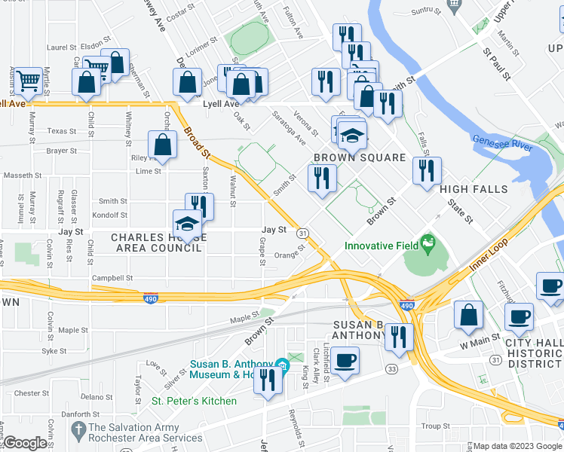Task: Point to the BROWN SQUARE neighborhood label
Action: (360, 157)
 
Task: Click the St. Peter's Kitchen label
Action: (195, 401)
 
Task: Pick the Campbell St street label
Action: (112, 278)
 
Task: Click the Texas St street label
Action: (62, 130)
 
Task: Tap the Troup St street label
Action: (435, 426)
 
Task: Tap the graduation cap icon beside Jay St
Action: (187, 224)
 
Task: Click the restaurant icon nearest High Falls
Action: (427, 169)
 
